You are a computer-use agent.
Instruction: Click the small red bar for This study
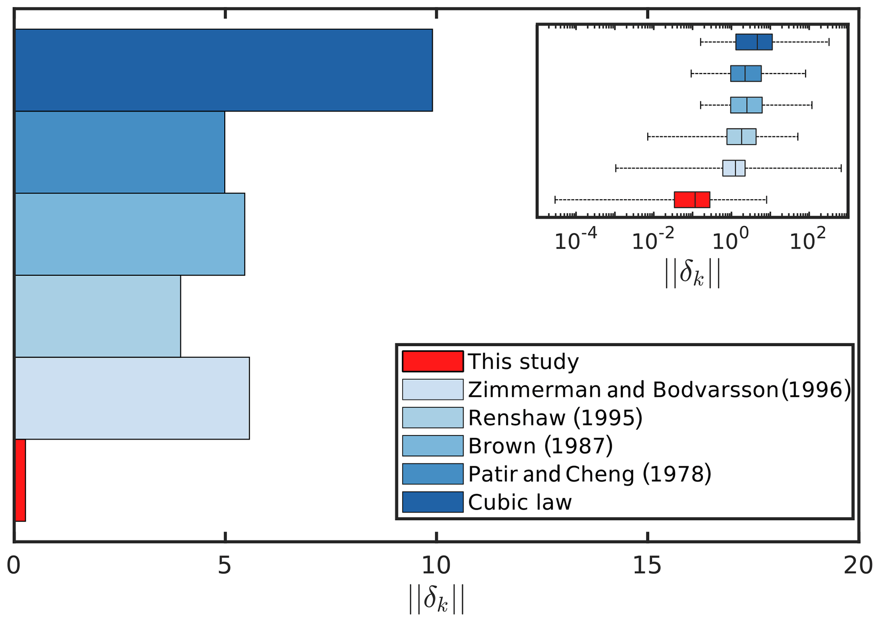[20, 480]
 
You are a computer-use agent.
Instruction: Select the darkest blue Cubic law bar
[224, 70]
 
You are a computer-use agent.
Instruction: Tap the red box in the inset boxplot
[691, 200]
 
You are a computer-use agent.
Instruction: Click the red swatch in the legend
[433, 361]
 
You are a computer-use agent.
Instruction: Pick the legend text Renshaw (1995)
[555, 418]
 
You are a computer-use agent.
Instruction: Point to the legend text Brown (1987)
[540, 446]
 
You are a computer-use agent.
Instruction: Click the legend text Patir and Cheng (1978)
[590, 474]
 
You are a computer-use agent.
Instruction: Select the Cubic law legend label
[520, 502]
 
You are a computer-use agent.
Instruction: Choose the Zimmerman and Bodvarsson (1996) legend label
[659, 389]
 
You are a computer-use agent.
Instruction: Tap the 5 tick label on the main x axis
[224, 566]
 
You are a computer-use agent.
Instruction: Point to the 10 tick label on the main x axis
[436, 566]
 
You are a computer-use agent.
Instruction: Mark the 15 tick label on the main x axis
[647, 566]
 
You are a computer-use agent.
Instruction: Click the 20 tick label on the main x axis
[857, 566]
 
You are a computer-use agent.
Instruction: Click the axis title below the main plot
[436, 599]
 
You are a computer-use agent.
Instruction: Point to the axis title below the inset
[693, 274]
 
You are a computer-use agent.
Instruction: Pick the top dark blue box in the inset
[754, 42]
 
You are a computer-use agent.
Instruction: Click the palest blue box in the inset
[734, 168]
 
